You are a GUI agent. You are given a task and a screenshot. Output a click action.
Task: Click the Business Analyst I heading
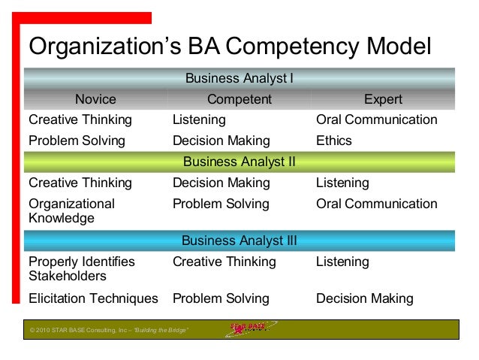[239, 78]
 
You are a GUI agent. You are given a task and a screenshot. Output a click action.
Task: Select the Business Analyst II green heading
[239, 162]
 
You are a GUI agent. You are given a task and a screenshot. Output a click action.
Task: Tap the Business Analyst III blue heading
[239, 241]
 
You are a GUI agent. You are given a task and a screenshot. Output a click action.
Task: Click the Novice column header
[95, 99]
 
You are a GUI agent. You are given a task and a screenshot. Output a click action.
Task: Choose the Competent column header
[239, 99]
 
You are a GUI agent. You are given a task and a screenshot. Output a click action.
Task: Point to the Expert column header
[383, 99]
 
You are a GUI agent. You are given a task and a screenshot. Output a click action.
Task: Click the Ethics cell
[334, 141]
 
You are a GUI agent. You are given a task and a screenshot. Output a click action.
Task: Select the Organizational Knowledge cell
[71, 211]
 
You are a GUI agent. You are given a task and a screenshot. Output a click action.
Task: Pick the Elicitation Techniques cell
[93, 298]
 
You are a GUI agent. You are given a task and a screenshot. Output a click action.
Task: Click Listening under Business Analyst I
[199, 119]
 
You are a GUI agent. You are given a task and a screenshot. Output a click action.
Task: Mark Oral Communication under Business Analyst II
[376, 204]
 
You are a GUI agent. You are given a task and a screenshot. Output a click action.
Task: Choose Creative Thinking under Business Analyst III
[224, 262]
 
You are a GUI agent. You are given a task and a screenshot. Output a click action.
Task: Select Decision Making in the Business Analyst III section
[365, 298]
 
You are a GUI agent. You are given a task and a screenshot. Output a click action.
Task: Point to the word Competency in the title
[302, 47]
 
